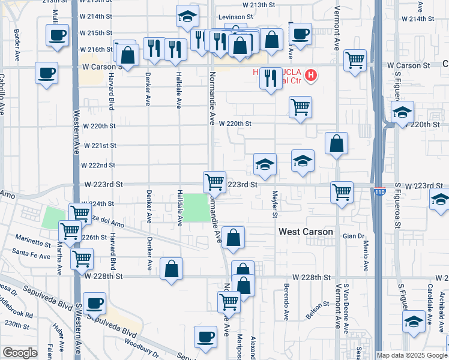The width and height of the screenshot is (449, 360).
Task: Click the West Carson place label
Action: point(306,232)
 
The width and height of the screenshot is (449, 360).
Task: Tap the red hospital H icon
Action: point(311,76)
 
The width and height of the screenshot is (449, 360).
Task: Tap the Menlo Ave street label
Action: point(366,256)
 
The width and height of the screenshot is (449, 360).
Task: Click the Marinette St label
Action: point(34,244)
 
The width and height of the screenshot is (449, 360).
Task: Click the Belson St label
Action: point(315,307)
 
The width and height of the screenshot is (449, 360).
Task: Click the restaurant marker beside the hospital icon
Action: point(271,77)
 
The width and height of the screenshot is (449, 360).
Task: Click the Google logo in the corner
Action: point(20,353)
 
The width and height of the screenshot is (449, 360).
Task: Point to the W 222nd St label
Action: point(99,165)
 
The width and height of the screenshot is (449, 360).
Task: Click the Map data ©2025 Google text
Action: point(412,355)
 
